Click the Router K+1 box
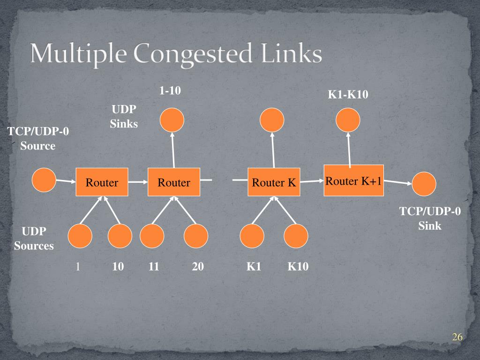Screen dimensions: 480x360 tap(353, 181)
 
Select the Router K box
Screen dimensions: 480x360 tap(274, 182)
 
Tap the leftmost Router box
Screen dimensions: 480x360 tap(102, 182)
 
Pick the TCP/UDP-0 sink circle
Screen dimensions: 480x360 tap(424, 184)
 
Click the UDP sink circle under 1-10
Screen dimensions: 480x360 tap(172, 120)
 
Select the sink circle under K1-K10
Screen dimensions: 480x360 tap(348, 120)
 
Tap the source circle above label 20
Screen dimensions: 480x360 tap(196, 236)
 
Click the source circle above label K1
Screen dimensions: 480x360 tap(252, 236)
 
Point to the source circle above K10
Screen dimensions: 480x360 tap(296, 236)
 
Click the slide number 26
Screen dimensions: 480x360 tap(457, 337)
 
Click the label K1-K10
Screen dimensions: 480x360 tap(348, 95)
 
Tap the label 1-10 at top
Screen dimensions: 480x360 tap(170, 91)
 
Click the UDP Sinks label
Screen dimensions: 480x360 tap(124, 117)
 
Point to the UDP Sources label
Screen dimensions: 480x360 tap(34, 239)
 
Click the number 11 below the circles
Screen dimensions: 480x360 tap(154, 267)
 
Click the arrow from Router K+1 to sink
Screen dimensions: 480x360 tap(398, 182)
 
